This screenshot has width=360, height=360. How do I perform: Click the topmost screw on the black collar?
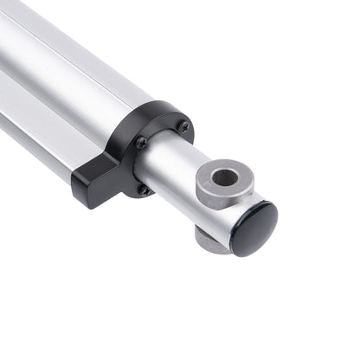point(183,126)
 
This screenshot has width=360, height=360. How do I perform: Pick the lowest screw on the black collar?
point(144,189)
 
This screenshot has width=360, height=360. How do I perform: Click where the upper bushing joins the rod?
point(208,203)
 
